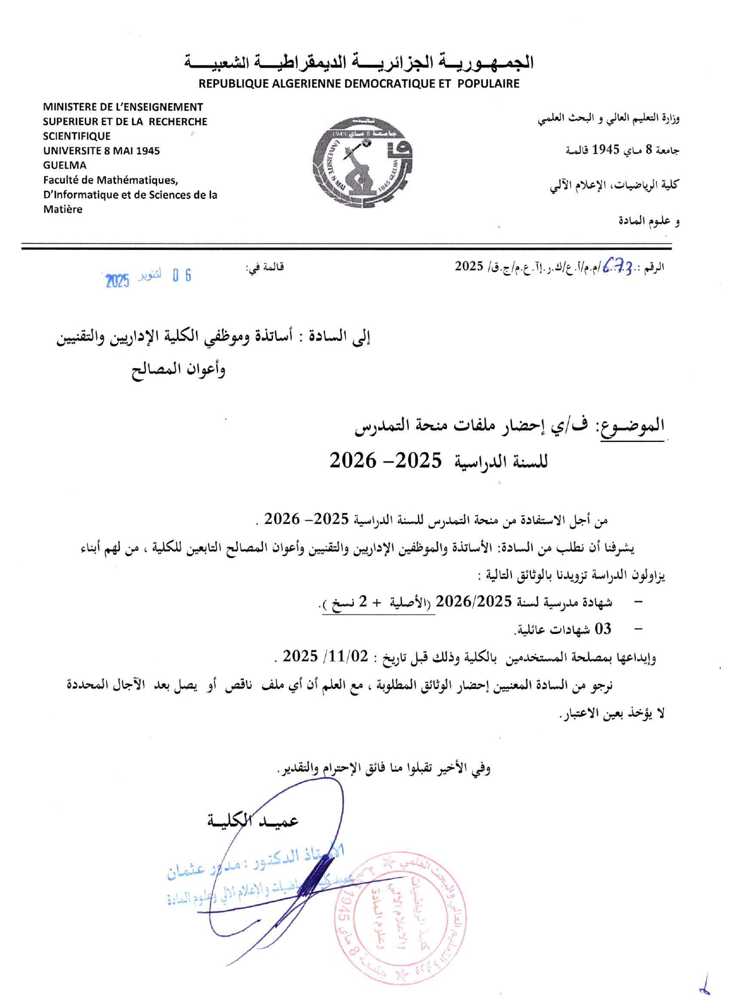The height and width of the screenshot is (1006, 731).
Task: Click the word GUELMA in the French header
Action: [65, 165]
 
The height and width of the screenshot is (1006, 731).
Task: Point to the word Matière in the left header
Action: [62, 209]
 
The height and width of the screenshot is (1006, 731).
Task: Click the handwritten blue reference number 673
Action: [618, 266]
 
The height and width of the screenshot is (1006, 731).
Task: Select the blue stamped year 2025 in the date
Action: [118, 280]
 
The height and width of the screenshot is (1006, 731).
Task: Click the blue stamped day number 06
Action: [182, 276]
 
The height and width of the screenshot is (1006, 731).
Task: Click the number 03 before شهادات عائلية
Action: [603, 629]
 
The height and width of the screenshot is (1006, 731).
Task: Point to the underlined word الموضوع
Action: [633, 426]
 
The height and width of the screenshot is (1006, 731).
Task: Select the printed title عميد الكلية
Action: [253, 821]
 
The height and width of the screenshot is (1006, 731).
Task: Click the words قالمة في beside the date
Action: [265, 267]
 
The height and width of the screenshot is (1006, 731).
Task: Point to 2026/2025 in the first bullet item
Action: [474, 601]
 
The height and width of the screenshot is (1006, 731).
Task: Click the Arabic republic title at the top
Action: [359, 62]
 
